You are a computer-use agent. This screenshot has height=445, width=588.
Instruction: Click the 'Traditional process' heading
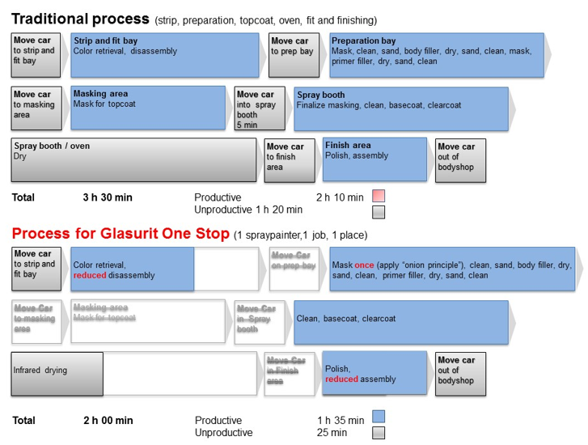81,18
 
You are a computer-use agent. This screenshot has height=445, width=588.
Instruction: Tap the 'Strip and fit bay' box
167,54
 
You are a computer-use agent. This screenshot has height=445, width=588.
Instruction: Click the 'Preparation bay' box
437,54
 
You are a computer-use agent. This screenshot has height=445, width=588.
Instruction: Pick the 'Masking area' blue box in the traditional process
148,108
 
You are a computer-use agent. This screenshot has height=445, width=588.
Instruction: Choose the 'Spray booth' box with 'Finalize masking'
400,109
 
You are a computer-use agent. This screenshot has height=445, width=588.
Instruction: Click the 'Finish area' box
374,159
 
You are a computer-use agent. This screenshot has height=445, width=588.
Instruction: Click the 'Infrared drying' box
57,373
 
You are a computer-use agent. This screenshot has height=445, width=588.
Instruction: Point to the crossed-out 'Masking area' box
148,323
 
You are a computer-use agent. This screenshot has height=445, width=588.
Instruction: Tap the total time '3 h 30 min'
108,197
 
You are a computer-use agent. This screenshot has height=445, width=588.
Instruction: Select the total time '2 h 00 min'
108,421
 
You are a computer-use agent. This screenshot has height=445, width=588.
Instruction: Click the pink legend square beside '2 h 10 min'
378,196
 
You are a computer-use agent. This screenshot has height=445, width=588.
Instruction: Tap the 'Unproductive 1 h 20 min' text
248,210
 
